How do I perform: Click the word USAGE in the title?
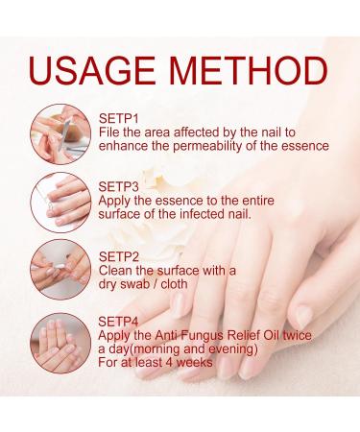pyautogui.click(x=100, y=69)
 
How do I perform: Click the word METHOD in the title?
pyautogui.click(x=251, y=69)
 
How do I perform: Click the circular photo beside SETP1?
pyautogui.click(x=56, y=132)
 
